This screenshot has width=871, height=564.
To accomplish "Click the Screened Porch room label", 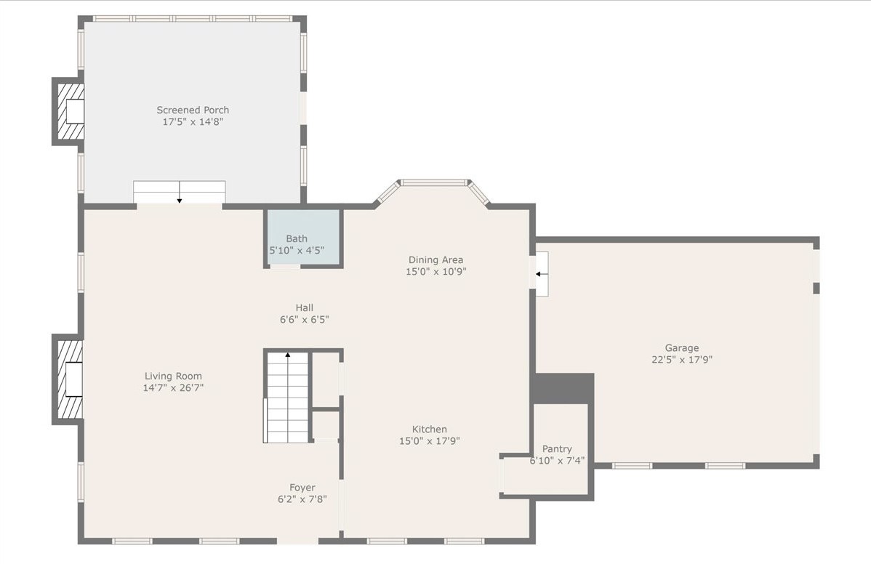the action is click(x=193, y=110).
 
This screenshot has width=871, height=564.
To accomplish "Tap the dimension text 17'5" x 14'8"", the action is click(x=193, y=121).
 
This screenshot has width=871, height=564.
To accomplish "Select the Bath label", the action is click(x=297, y=238).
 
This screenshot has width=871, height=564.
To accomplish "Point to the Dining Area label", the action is click(x=435, y=259).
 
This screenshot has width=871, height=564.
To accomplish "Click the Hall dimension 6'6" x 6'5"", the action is click(x=305, y=320).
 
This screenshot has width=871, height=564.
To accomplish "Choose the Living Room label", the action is click(x=173, y=376).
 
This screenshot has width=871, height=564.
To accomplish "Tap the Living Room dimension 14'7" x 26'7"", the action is click(x=173, y=388).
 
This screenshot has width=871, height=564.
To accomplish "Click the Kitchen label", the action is click(x=430, y=429).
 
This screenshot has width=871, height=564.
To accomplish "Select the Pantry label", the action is click(x=557, y=448).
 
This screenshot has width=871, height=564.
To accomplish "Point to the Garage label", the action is click(x=682, y=347).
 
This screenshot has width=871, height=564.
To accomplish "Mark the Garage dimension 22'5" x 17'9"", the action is click(x=682, y=360).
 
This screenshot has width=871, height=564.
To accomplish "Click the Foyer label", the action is click(x=302, y=488).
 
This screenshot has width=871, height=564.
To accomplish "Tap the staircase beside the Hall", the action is click(x=286, y=397).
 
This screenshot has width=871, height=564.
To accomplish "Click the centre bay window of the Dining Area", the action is click(x=434, y=182).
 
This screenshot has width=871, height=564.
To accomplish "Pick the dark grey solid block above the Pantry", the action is click(x=563, y=388).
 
